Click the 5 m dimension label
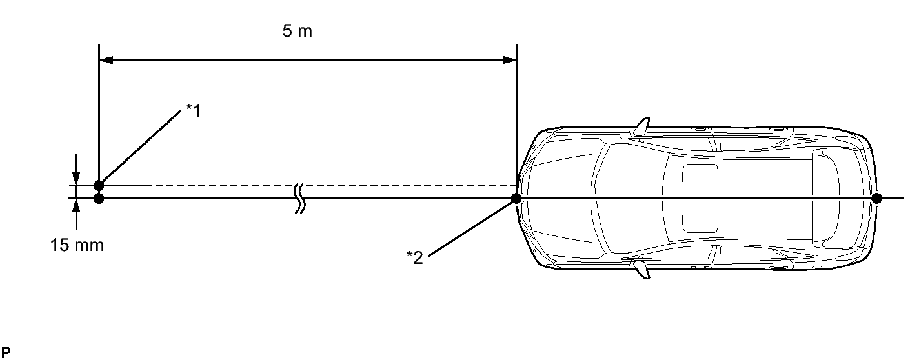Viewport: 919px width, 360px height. coord(297,31)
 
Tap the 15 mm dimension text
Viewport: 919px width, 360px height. coord(77,245)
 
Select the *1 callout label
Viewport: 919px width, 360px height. coord(194,110)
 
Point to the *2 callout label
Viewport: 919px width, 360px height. coord(414,257)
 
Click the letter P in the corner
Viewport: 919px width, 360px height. coord(6,352)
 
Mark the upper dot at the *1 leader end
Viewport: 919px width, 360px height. coord(99,185)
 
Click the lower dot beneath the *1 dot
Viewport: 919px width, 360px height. coord(99,199)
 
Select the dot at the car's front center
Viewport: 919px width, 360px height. coord(516,199)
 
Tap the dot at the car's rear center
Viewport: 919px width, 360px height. coord(876,199)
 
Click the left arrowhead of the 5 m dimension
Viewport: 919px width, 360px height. coord(106,60)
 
